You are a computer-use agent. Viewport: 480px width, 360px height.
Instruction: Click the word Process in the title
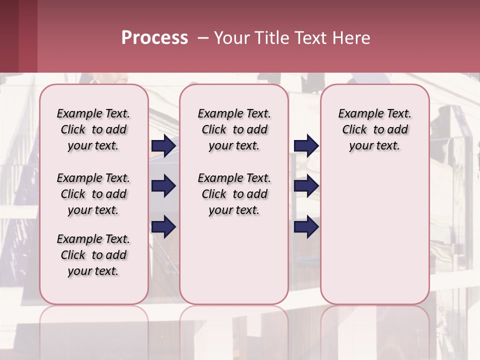154,38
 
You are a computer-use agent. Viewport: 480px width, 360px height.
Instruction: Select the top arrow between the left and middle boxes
163,145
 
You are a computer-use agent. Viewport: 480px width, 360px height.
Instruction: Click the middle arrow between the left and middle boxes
163,186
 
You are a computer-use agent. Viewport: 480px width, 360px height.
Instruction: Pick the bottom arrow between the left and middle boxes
163,226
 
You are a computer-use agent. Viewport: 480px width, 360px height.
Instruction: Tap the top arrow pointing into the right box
306,145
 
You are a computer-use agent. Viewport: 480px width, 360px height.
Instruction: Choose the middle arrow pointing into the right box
306,186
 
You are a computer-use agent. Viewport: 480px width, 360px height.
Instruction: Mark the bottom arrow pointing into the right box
306,226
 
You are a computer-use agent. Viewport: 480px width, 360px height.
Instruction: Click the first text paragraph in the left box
93,129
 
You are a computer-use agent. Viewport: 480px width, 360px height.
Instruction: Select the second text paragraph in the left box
93,194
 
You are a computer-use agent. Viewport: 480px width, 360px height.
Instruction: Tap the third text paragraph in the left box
93,255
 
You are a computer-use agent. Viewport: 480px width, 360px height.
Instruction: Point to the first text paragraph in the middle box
234,129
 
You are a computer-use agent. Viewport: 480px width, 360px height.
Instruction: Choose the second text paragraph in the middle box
234,194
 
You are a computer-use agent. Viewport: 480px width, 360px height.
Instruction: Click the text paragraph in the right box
374,129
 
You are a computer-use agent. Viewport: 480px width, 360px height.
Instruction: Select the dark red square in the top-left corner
18,36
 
